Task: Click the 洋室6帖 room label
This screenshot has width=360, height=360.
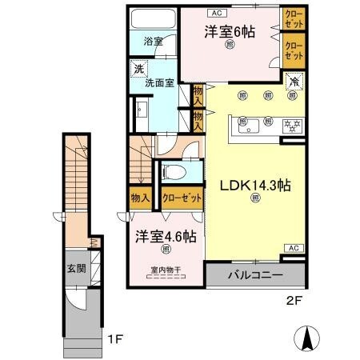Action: click(x=230, y=32)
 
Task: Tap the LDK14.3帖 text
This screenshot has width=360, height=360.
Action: click(x=255, y=185)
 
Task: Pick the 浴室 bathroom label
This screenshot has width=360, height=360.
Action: click(x=153, y=41)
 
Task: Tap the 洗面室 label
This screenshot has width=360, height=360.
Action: click(x=158, y=82)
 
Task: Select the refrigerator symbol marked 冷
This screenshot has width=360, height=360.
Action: click(x=294, y=82)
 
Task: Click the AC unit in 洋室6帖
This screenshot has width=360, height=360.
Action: click(x=217, y=13)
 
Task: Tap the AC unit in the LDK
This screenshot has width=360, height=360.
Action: click(x=293, y=249)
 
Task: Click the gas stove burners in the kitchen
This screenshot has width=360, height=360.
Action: click(x=290, y=123)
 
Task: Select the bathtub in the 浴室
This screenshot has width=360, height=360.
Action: click(x=151, y=19)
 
